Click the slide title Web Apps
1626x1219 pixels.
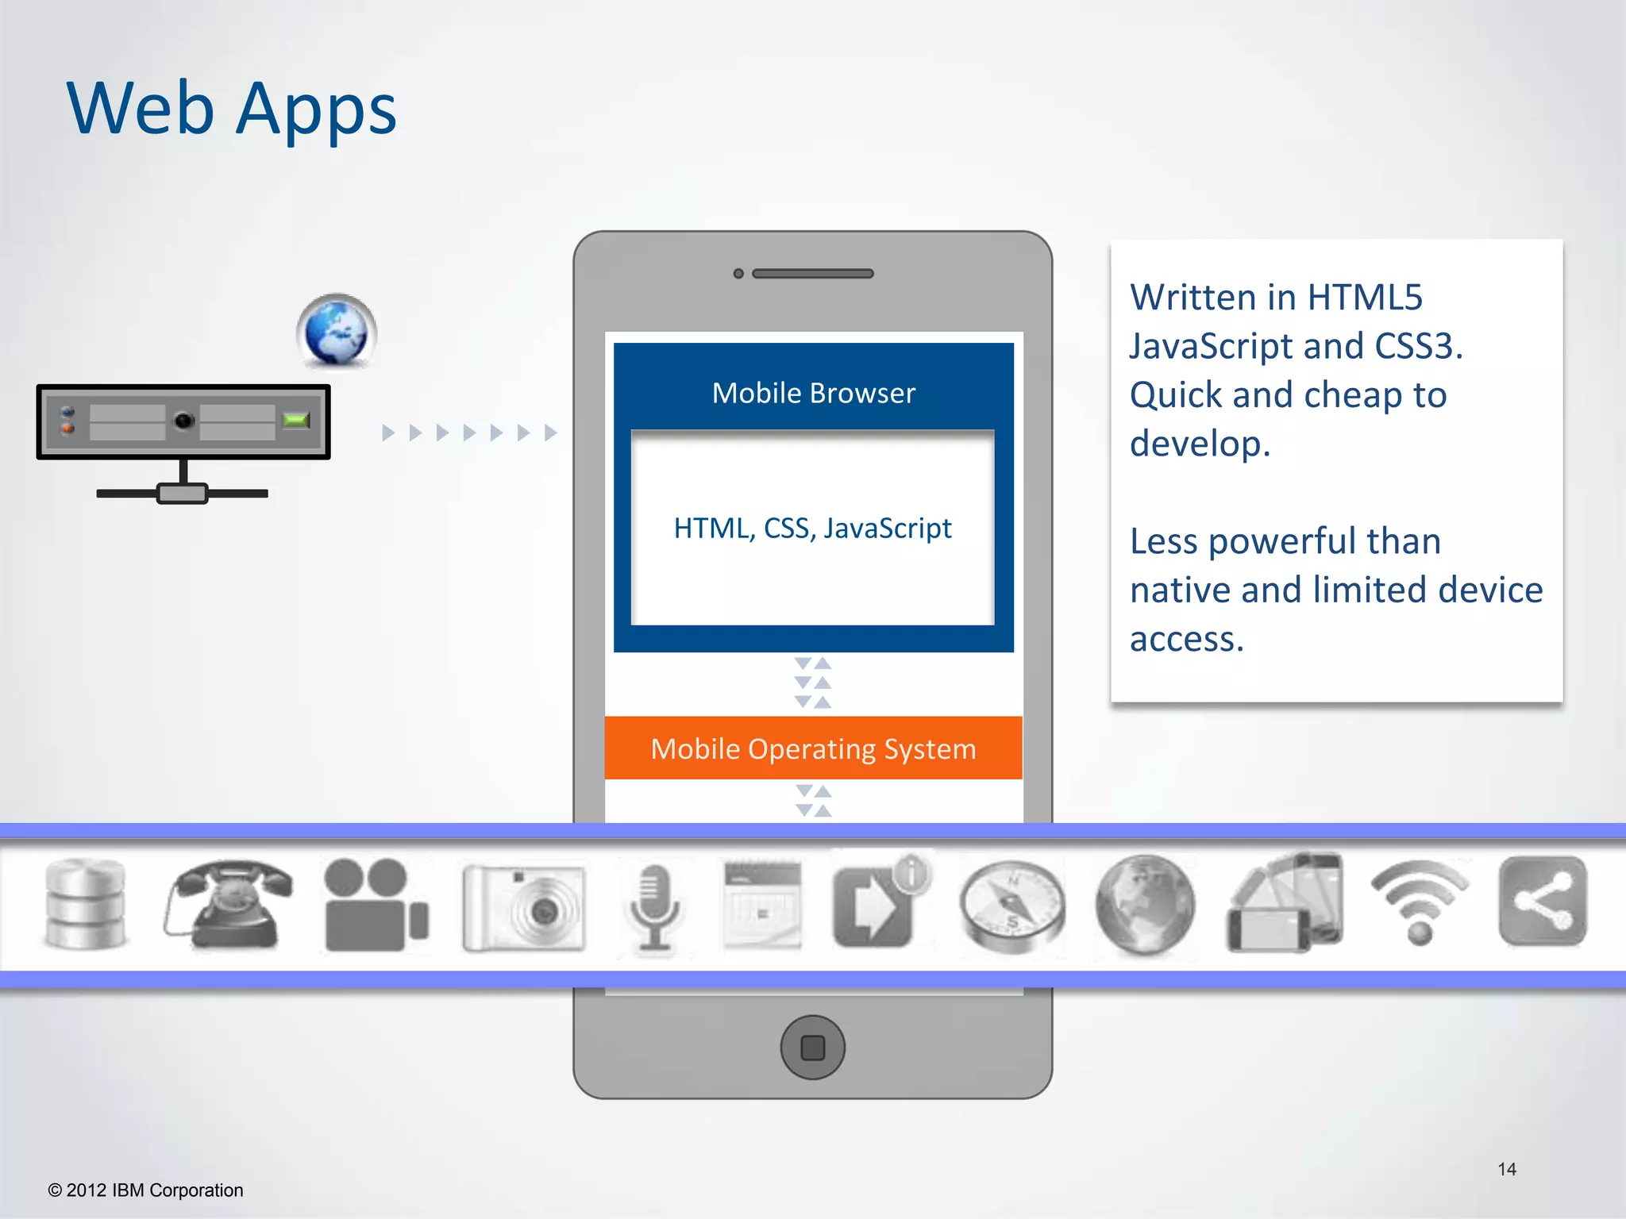point(231,110)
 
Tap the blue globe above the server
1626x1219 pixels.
point(337,332)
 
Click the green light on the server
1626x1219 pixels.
point(296,420)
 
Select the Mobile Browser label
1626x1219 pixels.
point(813,394)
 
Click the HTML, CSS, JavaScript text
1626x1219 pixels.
point(812,529)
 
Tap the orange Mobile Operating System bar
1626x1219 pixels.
point(813,748)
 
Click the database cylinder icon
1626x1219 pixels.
point(85,905)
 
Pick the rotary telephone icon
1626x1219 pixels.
point(228,905)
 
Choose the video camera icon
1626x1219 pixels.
point(376,905)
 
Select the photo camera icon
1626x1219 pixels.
point(524,907)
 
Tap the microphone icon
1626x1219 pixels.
point(653,907)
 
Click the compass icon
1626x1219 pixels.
point(1011,906)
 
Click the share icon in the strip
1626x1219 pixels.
point(1543,902)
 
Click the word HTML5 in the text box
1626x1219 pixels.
point(1364,298)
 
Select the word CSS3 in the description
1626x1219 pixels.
point(1418,346)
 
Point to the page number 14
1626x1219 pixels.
point(1506,1169)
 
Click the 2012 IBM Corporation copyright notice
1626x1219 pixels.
point(146,1190)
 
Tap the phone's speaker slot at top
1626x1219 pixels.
point(812,274)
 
